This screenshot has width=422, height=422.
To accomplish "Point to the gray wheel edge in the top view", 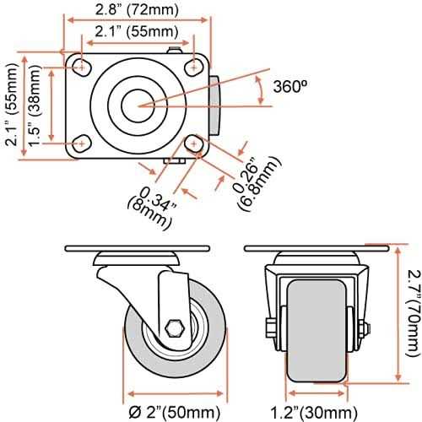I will click(216, 105).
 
